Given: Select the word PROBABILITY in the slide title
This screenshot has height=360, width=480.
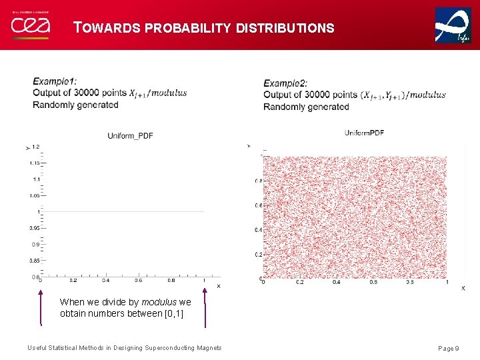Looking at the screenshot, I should [x=189, y=29].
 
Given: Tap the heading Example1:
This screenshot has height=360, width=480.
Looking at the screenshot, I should [x=59, y=82].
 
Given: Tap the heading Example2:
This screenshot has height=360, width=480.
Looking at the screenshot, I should [x=285, y=83].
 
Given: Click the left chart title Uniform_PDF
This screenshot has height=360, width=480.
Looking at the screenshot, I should [x=130, y=136].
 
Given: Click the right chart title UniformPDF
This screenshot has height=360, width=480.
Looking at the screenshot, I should [x=364, y=133].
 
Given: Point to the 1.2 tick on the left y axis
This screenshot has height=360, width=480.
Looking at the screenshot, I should [x=35, y=147].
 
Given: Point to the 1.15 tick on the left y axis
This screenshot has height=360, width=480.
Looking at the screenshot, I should [x=34, y=163].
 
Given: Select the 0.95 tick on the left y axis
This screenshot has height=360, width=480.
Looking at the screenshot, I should [x=34, y=228].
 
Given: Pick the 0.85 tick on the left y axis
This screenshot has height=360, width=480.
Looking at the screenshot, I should [x=34, y=261].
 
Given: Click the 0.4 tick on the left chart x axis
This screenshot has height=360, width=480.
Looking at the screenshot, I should [x=106, y=281].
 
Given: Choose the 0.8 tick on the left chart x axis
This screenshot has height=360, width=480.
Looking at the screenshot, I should [x=171, y=281].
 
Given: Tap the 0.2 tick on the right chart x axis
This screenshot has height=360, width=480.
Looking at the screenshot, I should [x=299, y=282].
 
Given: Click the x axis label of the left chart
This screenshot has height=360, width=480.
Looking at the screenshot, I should [x=218, y=286].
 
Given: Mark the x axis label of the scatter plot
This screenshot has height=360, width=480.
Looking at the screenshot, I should [x=463, y=288].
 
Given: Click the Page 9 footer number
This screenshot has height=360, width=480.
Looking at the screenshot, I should [x=448, y=349].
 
